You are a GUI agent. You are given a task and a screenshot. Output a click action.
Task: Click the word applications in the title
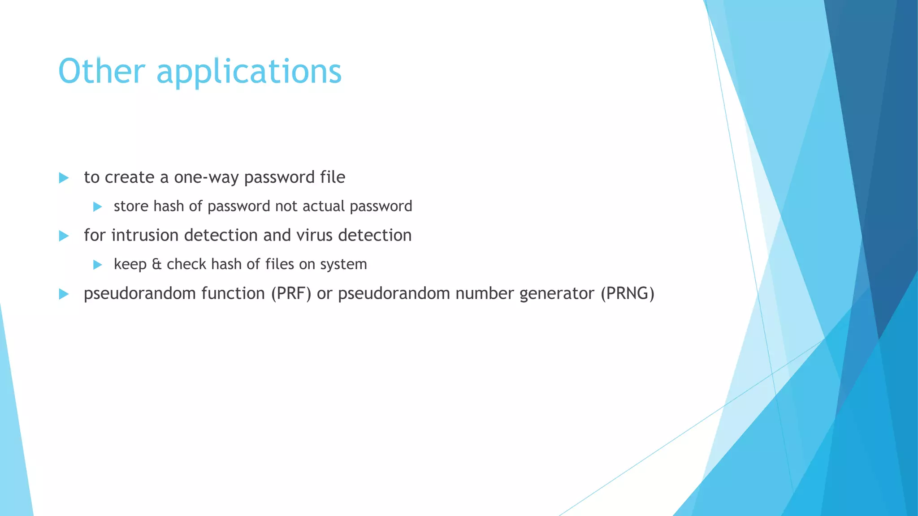tap(249, 72)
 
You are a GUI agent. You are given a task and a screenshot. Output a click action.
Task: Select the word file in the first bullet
tap(333, 177)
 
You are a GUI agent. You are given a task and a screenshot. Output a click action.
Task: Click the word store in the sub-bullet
tap(131, 206)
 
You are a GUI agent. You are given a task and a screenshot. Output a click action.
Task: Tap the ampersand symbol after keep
tap(156, 264)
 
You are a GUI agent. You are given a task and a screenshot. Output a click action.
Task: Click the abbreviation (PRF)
tap(291, 293)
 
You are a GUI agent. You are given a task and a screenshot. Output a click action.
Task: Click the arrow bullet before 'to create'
tap(64, 178)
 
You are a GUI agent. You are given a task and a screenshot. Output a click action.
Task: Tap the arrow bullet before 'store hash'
tap(97, 206)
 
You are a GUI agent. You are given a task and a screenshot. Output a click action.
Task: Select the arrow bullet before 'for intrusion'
tap(64, 236)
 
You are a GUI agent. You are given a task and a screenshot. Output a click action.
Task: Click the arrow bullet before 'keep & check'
tap(97, 265)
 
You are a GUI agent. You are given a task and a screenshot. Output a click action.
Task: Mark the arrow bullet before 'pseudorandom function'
tap(64, 294)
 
